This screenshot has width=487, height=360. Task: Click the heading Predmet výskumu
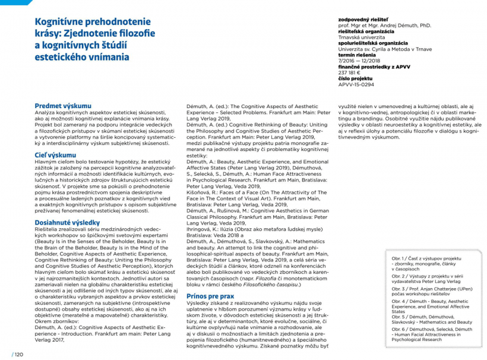63,105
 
